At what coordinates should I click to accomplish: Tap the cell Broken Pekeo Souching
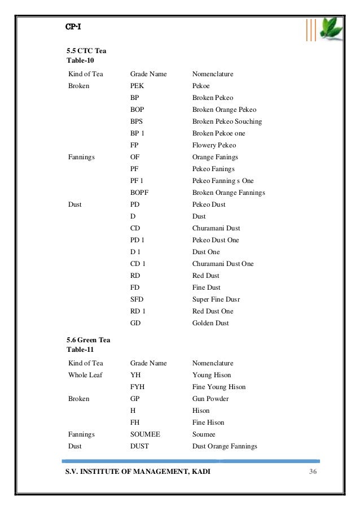[x=227, y=121]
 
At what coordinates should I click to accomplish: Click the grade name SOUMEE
[x=146, y=434]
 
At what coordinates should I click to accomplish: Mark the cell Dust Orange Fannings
[x=225, y=446]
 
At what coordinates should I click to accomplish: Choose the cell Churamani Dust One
[x=223, y=264]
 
